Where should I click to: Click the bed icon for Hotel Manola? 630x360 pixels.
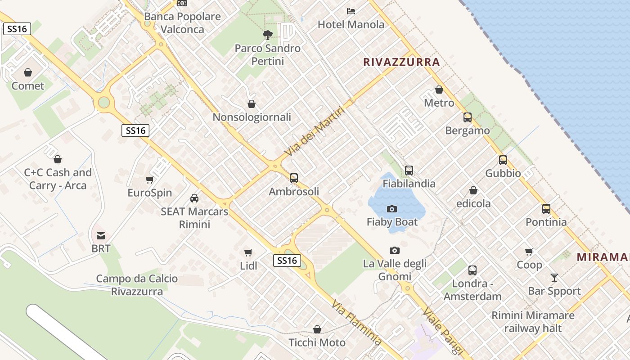tap(351, 11)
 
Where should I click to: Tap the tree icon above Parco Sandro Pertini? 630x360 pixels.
tap(267, 35)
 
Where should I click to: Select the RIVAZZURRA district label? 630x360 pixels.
tap(401, 62)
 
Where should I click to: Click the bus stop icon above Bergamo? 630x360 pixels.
tap(468, 117)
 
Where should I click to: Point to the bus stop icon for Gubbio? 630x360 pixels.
tap(503, 160)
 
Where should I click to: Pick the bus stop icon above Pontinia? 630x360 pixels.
tap(546, 209)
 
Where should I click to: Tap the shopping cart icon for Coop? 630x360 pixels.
tap(529, 252)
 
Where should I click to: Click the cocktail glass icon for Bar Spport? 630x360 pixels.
tap(554, 278)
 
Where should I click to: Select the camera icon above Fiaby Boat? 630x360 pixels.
tap(392, 209)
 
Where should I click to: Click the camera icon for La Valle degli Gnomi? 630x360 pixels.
tap(395, 250)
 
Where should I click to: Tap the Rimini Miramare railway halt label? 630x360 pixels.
tap(533, 322)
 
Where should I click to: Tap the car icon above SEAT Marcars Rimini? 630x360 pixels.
tap(194, 198)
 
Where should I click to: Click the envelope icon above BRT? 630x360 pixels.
tap(101, 235)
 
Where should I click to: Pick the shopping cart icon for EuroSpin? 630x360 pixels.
tap(150, 180)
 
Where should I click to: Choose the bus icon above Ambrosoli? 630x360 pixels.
tap(294, 178)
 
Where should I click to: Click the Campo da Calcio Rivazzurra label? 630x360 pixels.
tap(137, 285)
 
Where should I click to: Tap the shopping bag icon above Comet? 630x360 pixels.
tap(28, 72)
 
